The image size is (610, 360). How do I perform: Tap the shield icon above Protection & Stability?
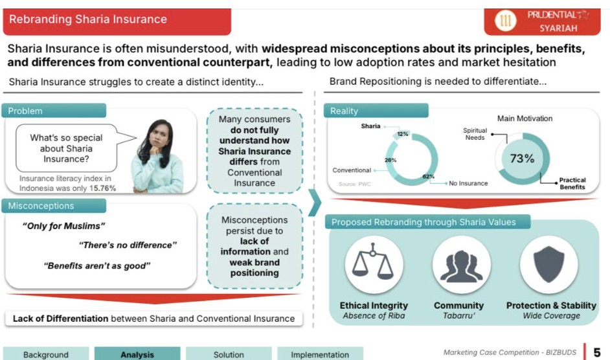click(549, 264)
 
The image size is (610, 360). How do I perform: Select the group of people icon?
click(462, 266)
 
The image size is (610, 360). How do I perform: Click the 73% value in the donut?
click(522, 159)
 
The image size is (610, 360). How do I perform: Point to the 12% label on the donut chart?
click(403, 134)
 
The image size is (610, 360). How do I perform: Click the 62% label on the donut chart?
click(428, 176)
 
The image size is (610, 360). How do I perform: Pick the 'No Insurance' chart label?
click(468, 183)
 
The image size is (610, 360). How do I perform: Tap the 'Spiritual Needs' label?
click(475, 134)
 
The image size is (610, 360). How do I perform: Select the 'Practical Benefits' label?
click(572, 183)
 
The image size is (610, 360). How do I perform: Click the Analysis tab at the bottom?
click(137, 355)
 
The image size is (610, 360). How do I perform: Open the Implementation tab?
click(320, 355)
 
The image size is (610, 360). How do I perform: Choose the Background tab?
click(46, 355)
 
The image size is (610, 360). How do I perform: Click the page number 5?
click(597, 352)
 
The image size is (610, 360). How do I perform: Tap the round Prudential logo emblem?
click(505, 20)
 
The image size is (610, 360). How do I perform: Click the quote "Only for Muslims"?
click(64, 226)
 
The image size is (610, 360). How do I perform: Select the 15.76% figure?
click(103, 188)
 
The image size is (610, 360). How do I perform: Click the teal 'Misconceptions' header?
click(54, 206)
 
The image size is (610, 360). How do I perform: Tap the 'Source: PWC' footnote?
click(354, 184)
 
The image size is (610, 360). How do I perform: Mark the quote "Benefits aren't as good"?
click(97, 266)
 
